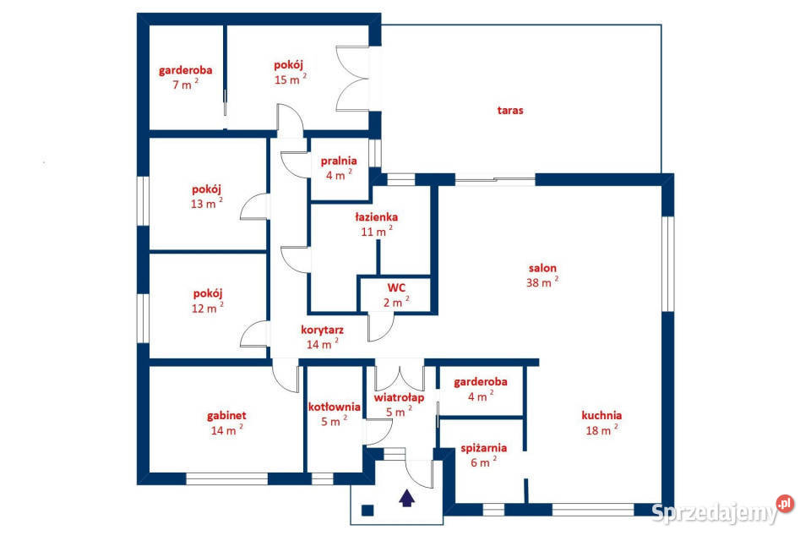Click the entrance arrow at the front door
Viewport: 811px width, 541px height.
[407, 498]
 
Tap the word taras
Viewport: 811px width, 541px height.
[510, 110]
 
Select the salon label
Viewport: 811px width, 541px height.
[542, 268]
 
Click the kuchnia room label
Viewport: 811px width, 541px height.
[601, 415]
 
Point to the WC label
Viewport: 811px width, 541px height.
[396, 288]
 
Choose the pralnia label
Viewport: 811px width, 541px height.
[339, 161]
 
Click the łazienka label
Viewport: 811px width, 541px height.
[377, 217]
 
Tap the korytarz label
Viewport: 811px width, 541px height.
[322, 330]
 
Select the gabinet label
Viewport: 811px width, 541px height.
[226, 416]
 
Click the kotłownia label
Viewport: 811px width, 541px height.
[335, 407]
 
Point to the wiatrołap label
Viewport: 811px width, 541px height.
[399, 397]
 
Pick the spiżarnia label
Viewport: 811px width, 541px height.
[483, 448]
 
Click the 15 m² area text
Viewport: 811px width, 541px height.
[290, 79]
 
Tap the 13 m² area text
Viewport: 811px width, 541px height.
[206, 203]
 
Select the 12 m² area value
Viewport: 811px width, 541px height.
[208, 308]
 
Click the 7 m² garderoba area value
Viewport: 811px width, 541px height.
[185, 84]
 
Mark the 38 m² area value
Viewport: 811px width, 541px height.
[542, 282]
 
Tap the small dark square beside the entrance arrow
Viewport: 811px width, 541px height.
[367, 511]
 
